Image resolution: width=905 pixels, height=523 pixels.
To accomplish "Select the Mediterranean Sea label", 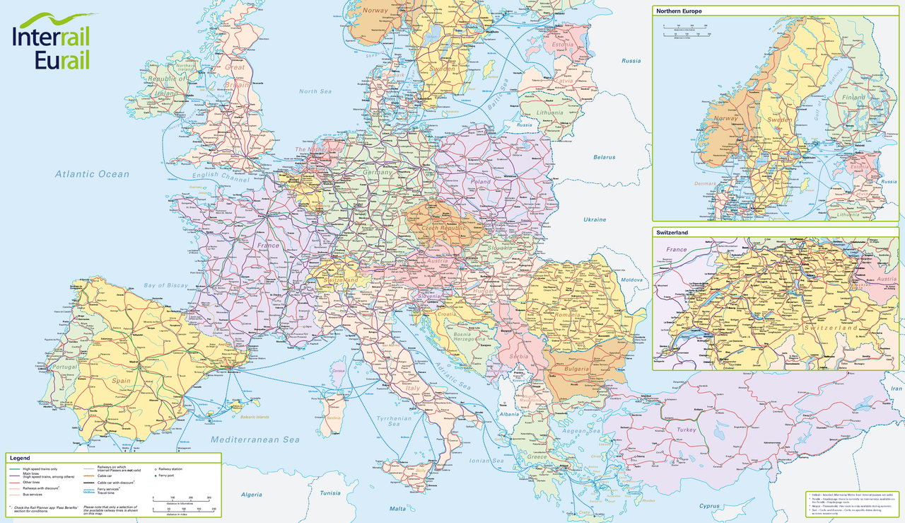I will (255, 439).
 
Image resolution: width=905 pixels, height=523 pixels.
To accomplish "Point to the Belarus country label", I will (604, 157).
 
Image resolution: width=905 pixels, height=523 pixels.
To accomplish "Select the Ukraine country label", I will (594, 219).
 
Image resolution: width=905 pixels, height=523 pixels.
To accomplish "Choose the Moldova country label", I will (631, 280).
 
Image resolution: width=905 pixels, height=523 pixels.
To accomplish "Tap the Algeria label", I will (251, 494).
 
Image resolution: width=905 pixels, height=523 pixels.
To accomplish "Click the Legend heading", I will (20, 458).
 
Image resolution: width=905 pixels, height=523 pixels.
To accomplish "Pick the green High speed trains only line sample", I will (14, 469).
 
